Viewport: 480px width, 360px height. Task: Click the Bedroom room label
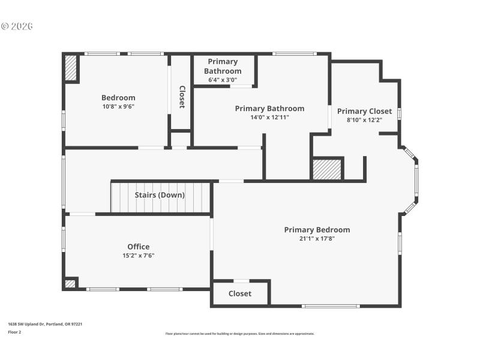[118, 98]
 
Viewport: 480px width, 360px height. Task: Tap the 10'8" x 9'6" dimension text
[118, 107]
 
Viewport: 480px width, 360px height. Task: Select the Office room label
[139, 247]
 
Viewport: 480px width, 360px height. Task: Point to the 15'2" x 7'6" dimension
[139, 256]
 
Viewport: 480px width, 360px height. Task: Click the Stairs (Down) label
[160, 195]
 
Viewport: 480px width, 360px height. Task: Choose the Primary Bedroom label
[317, 230]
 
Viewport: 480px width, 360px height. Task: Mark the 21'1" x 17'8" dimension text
[317, 239]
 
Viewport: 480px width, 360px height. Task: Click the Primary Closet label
[364, 111]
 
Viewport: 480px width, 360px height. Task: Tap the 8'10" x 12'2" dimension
[364, 120]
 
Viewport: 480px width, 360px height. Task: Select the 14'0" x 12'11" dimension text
[269, 118]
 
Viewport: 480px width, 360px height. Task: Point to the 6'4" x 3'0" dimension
[223, 80]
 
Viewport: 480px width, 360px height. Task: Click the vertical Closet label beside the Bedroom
[182, 97]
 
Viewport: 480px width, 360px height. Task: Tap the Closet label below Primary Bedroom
[240, 293]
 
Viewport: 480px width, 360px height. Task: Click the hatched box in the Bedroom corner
[71, 68]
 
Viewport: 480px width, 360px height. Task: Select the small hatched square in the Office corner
[70, 283]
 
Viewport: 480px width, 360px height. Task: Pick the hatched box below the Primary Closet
[328, 169]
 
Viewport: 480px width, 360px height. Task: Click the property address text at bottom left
[45, 324]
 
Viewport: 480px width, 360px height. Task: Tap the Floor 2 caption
[14, 332]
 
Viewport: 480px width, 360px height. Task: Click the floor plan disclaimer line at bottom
[239, 334]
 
